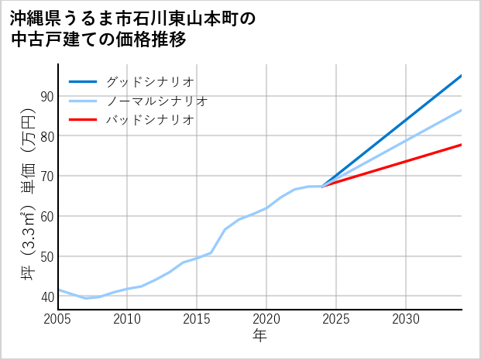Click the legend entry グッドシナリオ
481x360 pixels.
pos(149,81)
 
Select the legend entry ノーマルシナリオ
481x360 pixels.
pos(156,101)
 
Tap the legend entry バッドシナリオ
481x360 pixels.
pos(149,120)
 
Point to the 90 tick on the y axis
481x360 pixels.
pos(46,96)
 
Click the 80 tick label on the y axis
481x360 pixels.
pos(46,136)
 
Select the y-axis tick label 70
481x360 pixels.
pos(46,177)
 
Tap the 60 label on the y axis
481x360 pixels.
pos(46,216)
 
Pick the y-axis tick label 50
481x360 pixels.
pos(46,256)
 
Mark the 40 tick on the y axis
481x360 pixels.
pos(46,297)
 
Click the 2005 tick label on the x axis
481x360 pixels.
pos(58,319)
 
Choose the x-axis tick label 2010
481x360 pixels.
pos(128,319)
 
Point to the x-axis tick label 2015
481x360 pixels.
pos(197,319)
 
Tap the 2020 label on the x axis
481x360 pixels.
pos(266,319)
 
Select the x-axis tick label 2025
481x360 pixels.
pos(336,319)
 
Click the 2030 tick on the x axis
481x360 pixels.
pos(406,319)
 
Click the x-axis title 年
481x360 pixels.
pos(260,336)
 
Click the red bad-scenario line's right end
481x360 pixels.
pos(461,145)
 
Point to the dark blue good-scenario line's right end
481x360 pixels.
pos(461,76)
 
